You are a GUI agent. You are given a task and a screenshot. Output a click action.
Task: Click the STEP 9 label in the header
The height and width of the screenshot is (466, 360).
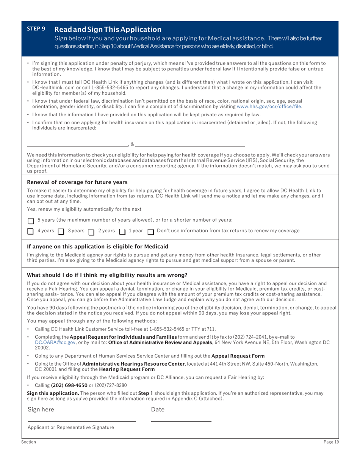pyautogui.click(x=36, y=29)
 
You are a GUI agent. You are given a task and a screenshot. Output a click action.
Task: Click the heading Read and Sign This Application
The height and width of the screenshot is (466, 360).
pyautogui.click(x=108, y=29)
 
